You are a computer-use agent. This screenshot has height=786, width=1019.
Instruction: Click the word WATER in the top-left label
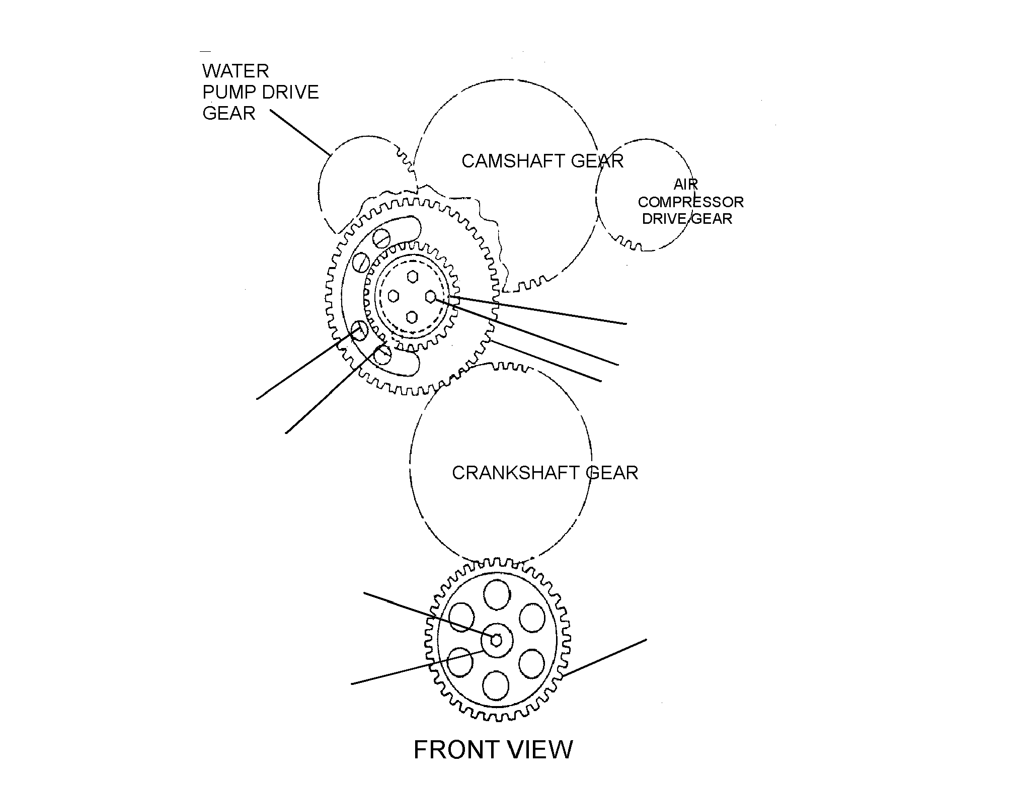point(236,71)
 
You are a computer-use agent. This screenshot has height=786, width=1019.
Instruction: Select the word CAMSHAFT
point(507,161)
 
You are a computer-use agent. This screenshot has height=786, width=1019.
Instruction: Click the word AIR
point(686,185)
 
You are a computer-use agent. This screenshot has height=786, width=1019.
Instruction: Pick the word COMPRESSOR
point(690,202)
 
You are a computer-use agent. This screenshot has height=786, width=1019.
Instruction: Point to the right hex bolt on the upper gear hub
point(431,297)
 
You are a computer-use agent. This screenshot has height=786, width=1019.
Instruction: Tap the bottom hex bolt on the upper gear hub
point(412,317)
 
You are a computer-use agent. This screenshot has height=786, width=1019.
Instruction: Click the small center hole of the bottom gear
point(496,640)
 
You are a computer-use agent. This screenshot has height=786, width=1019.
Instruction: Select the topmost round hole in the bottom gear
point(497,595)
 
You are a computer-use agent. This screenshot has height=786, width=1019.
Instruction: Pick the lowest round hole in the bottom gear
point(496,686)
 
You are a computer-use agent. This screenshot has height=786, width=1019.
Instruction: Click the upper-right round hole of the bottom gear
point(531,618)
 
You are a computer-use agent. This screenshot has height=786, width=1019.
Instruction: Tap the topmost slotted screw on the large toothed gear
point(381,236)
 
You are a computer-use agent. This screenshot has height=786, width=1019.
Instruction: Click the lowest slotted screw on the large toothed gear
point(383,355)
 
